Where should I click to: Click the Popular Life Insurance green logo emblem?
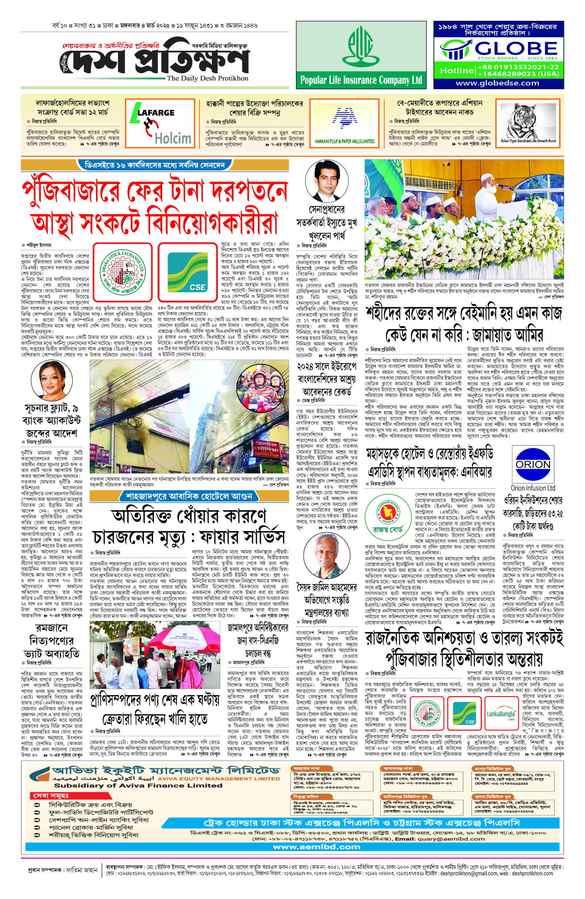(361, 46)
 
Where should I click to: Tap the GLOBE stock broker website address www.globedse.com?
(497, 83)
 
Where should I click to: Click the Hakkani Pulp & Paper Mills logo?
(345, 120)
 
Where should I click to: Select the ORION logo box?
(533, 464)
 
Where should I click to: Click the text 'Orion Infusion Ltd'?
(533, 488)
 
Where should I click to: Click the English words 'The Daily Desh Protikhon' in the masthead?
(207, 78)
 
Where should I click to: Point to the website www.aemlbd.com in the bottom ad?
(316, 847)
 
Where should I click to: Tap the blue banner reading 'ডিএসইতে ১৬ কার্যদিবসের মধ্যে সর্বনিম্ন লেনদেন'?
(155, 165)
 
